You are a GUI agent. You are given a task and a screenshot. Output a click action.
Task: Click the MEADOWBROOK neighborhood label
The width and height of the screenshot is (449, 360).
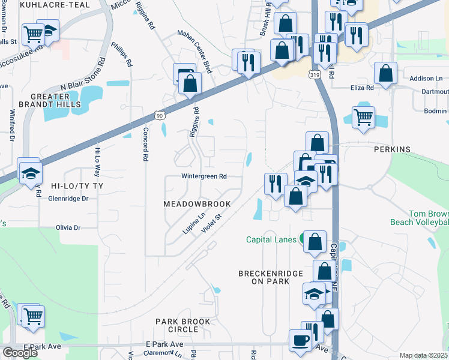(x=197, y=205)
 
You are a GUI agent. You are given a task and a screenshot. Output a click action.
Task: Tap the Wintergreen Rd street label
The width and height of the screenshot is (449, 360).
(x=205, y=177)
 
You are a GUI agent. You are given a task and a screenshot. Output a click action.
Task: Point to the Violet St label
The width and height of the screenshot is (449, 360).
(x=212, y=227)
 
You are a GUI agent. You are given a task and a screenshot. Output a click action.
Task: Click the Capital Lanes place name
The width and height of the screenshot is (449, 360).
(x=271, y=239)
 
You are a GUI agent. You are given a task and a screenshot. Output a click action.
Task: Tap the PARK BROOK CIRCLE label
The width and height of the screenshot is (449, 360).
(x=183, y=326)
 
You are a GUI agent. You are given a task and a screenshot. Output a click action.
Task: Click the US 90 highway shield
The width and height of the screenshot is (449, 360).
(x=158, y=115)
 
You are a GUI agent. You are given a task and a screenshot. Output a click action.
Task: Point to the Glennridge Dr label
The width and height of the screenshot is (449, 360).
(x=68, y=199)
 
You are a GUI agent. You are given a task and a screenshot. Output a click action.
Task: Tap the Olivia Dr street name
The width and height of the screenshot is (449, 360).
(x=68, y=228)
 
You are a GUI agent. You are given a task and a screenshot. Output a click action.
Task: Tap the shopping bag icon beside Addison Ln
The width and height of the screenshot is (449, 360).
(x=385, y=73)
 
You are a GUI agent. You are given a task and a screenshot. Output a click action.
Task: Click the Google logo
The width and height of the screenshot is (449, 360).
(x=20, y=353)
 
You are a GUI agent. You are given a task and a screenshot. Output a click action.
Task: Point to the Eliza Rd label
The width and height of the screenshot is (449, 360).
(x=362, y=88)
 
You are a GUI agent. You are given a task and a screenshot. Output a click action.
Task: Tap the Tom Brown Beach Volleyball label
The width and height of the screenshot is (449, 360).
(x=429, y=218)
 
